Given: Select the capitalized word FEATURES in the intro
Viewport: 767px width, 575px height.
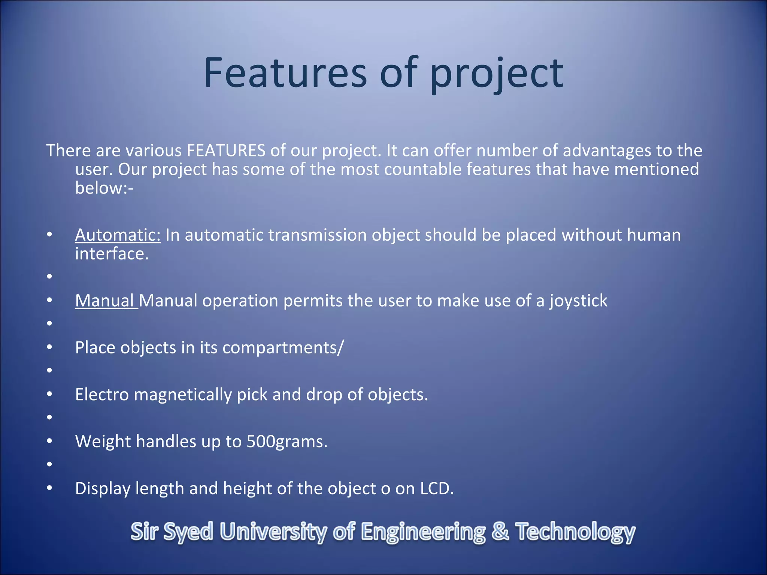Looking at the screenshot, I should (x=226, y=150).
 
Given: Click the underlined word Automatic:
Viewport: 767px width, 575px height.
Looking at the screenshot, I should (x=118, y=235).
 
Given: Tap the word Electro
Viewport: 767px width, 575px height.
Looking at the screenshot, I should (x=102, y=395).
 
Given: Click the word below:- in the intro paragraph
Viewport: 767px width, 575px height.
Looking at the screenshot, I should (x=104, y=188).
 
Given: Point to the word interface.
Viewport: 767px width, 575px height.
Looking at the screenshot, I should (x=112, y=254).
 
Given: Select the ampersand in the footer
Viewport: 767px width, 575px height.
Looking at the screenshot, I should (x=500, y=532).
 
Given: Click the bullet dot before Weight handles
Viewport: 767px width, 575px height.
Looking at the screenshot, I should (x=49, y=441).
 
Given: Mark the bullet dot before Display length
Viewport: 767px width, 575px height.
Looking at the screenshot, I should (x=49, y=488).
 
